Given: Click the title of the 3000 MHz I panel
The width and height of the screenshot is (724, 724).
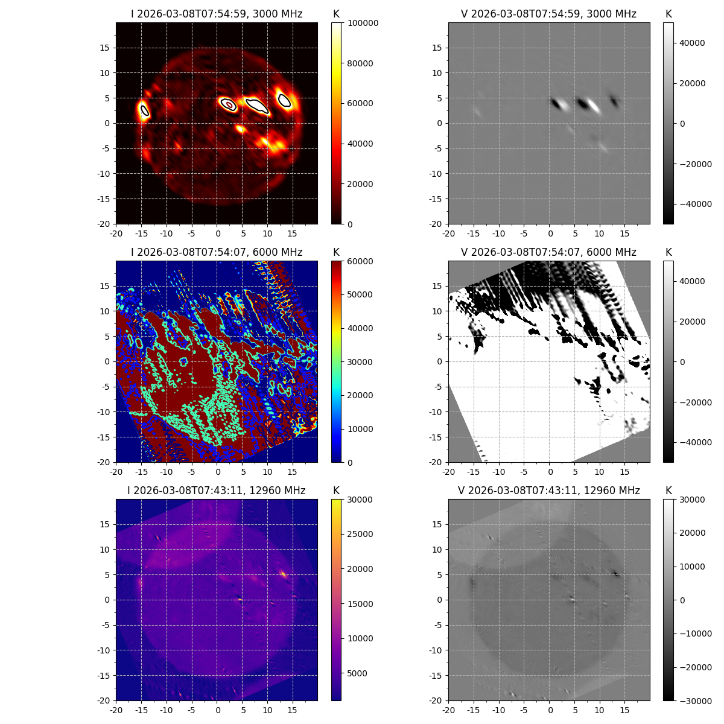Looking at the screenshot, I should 217,14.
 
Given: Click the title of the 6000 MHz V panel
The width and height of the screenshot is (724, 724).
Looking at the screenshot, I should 548,252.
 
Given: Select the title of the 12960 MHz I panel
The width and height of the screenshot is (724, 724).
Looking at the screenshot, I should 217,491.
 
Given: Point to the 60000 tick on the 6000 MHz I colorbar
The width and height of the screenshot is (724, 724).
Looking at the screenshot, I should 360,261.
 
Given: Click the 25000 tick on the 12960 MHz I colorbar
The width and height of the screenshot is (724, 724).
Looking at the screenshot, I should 360,534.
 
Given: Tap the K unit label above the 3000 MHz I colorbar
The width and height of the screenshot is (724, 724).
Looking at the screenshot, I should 336,14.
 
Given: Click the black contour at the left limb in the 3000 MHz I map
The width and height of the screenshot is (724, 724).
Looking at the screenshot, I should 144,110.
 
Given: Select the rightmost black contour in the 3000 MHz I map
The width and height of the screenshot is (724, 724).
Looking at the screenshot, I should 284,101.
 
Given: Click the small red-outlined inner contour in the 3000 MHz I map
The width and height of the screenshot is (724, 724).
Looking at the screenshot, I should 229,105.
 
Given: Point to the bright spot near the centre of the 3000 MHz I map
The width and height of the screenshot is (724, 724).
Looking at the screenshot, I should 241,129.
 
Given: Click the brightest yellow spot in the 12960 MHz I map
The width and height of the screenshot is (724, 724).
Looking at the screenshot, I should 284,574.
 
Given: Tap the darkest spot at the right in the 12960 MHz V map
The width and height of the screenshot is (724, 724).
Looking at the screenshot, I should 616,573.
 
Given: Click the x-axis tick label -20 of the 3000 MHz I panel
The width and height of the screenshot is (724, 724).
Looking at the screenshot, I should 116,233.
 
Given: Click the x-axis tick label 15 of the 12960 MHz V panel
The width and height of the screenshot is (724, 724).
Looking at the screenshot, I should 625,710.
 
